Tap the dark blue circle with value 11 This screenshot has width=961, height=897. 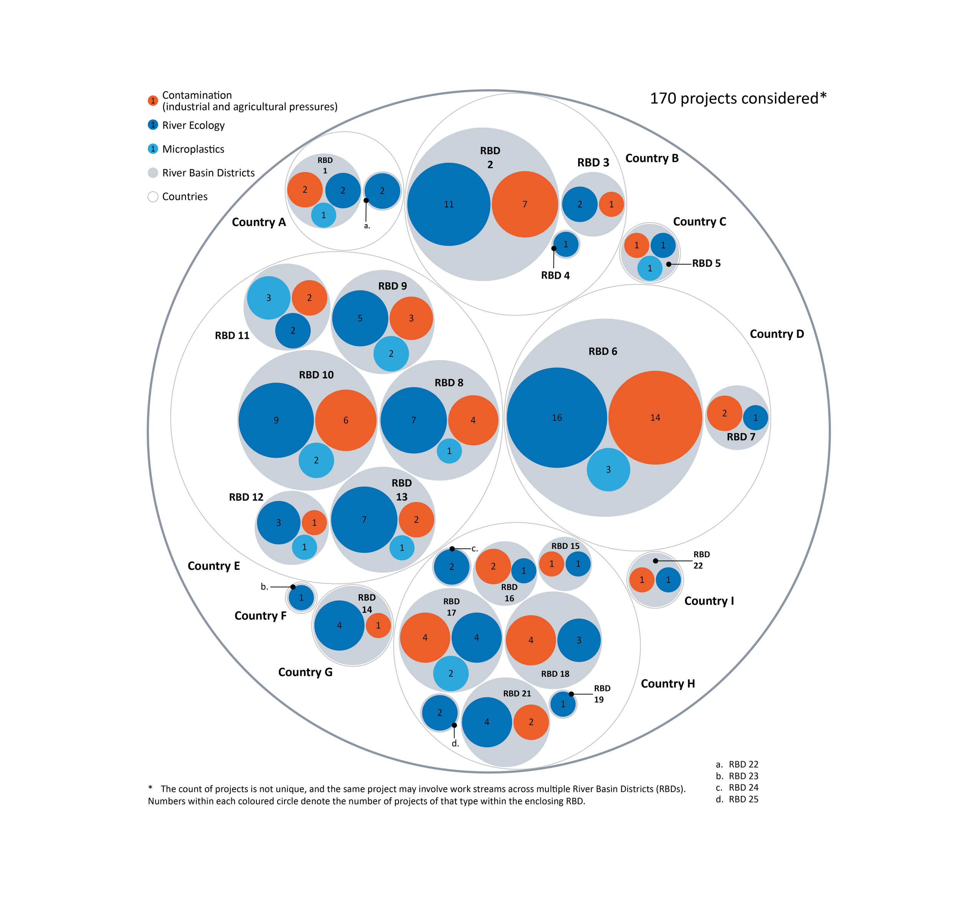449,204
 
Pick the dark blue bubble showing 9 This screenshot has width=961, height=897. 276,420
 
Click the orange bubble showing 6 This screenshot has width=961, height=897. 346,420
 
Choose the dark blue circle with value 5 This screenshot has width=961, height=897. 360,318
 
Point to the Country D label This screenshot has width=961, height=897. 776,334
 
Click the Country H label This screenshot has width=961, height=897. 668,683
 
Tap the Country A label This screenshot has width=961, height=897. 259,222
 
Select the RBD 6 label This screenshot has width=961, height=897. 603,351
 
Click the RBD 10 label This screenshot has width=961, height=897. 316,375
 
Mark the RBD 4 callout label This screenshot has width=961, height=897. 555,275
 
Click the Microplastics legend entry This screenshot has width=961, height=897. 193,149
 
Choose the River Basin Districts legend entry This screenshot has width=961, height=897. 208,173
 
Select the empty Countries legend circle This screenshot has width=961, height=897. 153,196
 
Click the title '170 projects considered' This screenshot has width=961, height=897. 738,98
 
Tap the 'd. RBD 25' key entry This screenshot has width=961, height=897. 737,799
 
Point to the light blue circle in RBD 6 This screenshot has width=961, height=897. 608,469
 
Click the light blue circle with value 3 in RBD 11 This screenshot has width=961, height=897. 268,298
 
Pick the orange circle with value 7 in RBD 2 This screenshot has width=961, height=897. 524,204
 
